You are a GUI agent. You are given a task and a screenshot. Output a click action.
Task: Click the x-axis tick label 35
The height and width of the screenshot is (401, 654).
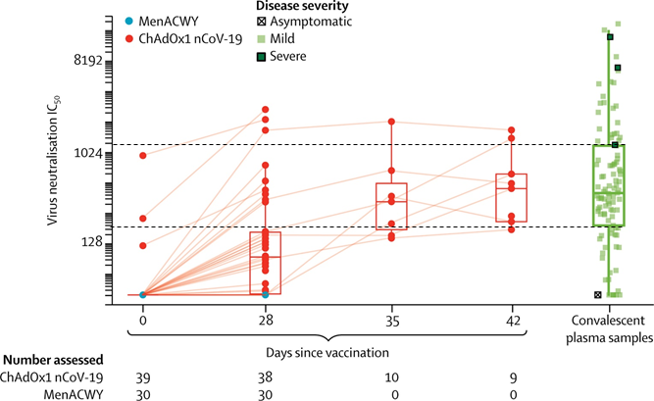click(391, 319)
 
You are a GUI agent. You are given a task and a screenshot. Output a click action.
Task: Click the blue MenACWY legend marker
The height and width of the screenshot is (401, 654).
click(131, 21)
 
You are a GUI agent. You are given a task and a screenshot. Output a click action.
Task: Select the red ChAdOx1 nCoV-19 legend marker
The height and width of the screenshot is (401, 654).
click(131, 38)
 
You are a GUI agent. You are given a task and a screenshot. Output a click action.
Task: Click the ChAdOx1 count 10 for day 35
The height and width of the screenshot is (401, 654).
click(391, 376)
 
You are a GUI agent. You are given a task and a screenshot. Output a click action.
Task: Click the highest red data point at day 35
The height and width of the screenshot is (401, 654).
click(392, 122)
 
